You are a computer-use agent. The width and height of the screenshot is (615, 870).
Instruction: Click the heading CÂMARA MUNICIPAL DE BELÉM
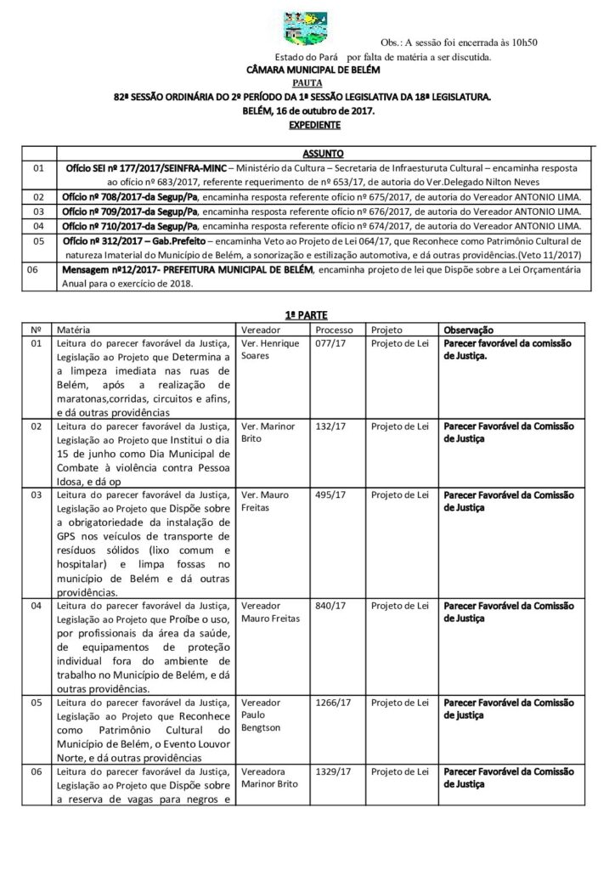307,71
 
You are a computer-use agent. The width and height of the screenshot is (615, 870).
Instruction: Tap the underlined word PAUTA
307,84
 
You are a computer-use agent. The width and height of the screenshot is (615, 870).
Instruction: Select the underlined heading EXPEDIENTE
307,124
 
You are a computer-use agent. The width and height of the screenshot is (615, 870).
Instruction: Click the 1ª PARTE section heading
307,314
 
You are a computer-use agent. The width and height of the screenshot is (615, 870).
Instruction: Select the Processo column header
334,329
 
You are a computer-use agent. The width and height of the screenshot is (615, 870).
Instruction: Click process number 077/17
326,343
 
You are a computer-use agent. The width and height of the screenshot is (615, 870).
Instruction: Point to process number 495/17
326,494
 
